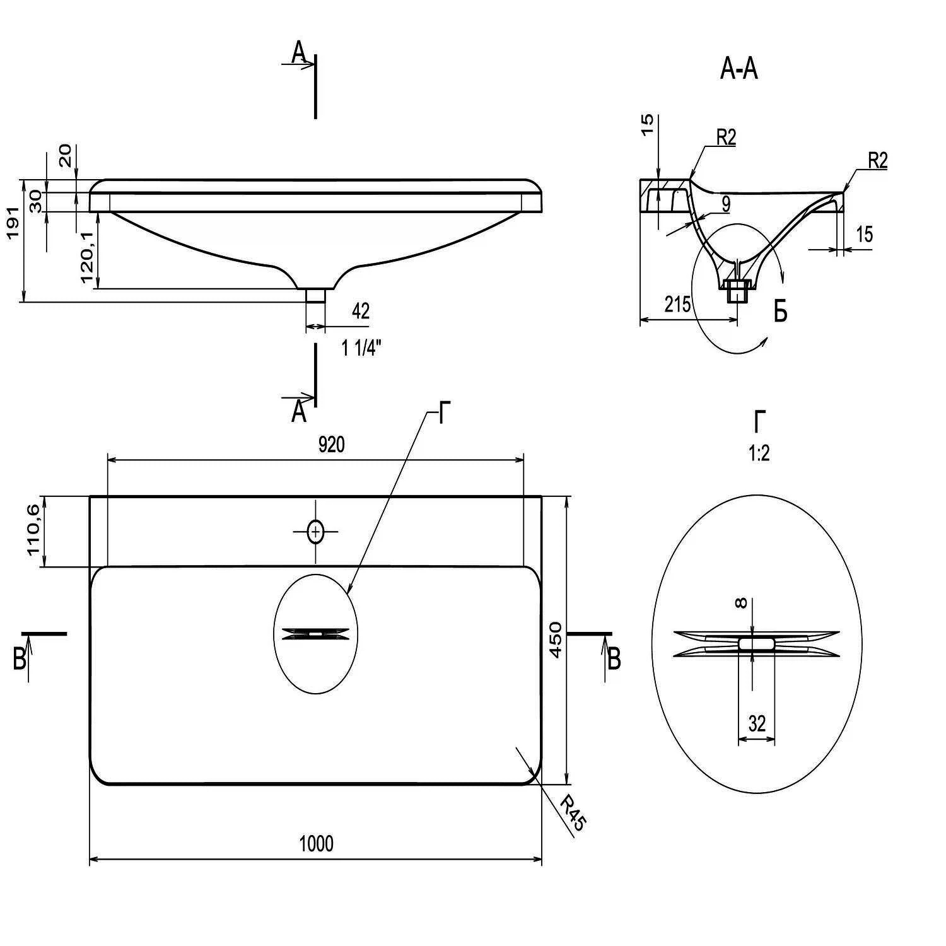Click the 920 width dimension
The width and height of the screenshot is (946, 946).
tap(331, 445)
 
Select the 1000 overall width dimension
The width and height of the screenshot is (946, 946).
tap(316, 843)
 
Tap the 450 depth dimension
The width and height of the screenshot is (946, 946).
tap(555, 639)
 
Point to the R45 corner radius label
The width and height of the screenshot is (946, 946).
tap(573, 813)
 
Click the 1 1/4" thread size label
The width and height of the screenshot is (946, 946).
tap(361, 347)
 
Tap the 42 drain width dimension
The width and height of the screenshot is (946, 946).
tap(360, 311)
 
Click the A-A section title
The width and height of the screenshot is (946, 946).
tap(739, 69)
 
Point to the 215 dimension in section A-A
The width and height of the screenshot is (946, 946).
tap(677, 304)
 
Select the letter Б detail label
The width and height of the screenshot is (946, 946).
tap(780, 312)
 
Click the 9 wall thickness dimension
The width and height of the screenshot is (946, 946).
tap(726, 204)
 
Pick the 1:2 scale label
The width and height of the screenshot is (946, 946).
tap(759, 453)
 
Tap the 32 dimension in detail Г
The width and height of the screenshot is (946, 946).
tap(757, 723)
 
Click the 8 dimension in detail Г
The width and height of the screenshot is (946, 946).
tap(742, 604)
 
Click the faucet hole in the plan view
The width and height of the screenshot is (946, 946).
tap(315, 532)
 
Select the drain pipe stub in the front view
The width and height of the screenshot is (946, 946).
tap(315, 295)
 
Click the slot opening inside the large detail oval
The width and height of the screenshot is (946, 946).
tap(757, 643)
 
